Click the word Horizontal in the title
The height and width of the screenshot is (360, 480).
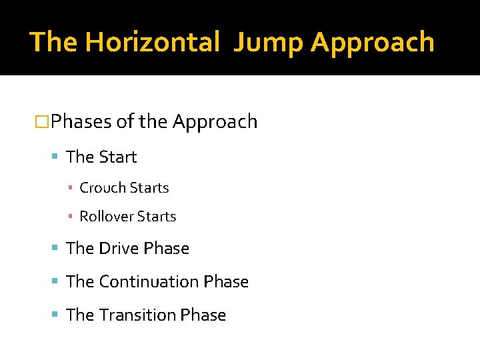tap(153, 42)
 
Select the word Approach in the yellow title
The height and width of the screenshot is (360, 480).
tap(372, 42)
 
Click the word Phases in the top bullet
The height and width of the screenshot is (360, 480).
tap(81, 122)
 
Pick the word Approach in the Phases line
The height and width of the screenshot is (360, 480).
tap(215, 122)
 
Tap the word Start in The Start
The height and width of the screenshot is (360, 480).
tap(118, 157)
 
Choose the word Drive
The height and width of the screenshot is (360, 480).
tap(119, 249)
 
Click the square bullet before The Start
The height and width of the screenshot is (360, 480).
tap(56, 157)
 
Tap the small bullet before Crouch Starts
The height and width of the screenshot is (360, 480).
tap(70, 189)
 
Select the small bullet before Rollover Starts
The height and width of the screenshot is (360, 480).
tap(70, 217)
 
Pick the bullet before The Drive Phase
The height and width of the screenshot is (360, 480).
tap(56, 249)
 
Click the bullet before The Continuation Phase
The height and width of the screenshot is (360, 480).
tap(56, 282)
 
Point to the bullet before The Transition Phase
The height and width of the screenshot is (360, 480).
tap(56, 315)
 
